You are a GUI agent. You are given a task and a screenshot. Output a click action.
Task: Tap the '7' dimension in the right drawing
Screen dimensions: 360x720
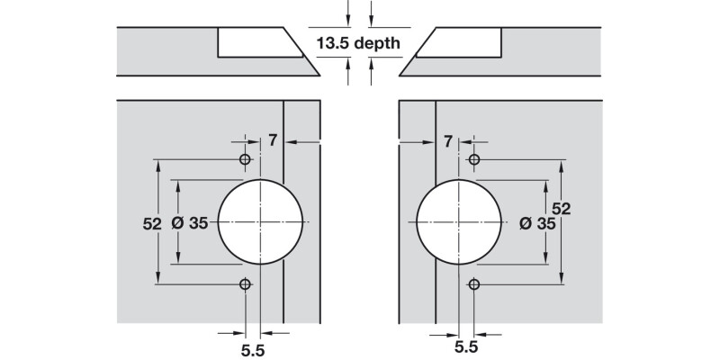[447, 140]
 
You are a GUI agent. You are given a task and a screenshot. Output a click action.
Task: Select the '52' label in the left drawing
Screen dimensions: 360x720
[151, 223]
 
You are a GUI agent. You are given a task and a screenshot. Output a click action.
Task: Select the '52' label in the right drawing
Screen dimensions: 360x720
[562, 208]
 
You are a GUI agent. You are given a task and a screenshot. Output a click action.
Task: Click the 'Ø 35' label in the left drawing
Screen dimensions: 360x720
[189, 223]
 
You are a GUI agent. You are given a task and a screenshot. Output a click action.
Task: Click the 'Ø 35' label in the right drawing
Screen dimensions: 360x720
[538, 223]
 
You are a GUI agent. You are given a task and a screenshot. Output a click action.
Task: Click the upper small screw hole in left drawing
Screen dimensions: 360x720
[244, 159]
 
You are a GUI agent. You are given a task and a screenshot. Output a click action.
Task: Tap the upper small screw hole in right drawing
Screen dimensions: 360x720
[474, 159]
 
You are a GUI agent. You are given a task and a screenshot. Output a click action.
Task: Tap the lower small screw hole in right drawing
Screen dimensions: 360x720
[474, 283]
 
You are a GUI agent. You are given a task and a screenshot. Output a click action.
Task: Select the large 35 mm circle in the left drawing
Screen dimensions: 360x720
[259, 221]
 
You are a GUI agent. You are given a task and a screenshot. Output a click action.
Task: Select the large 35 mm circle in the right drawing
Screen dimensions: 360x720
[459, 221]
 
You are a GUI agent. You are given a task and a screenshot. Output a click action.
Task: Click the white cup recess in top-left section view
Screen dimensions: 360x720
[256, 42]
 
